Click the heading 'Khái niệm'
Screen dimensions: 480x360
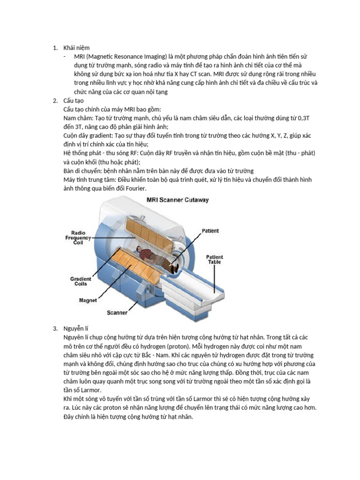pyautogui.click(x=76, y=47)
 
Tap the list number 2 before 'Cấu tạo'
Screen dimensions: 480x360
pyautogui.click(x=55, y=100)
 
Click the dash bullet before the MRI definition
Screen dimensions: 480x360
pyautogui.click(x=65, y=56)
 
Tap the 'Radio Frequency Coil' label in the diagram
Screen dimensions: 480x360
pyautogui.click(x=78, y=237)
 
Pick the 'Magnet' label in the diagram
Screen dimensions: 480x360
pyautogui.click(x=88, y=300)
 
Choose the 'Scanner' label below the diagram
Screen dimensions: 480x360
pyautogui.click(x=117, y=312)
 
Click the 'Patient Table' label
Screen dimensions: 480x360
pyautogui.click(x=215, y=260)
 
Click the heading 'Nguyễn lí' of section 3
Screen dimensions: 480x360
pyautogui.click(x=75, y=328)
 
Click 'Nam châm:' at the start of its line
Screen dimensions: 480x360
pyautogui.click(x=78, y=118)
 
